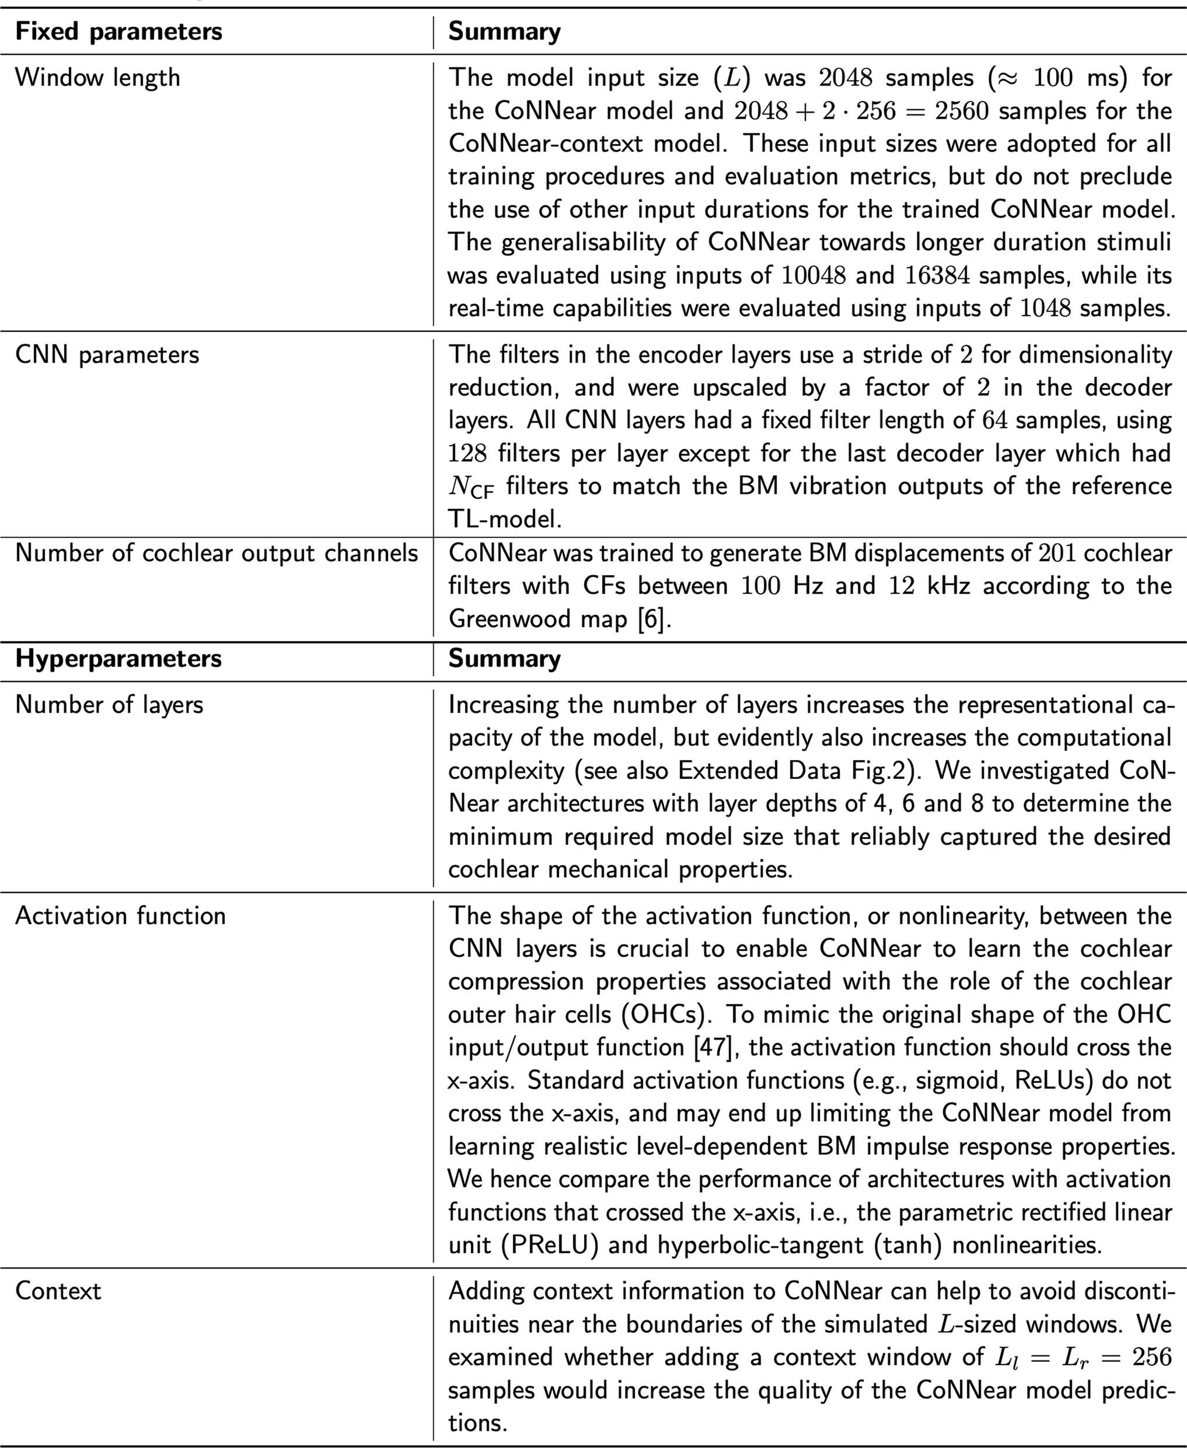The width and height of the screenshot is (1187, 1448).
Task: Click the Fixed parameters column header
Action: [118, 32]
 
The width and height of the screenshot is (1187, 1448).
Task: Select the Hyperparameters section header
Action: [118, 659]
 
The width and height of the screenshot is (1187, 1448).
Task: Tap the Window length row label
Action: [98, 77]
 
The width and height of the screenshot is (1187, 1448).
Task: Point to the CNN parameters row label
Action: [107, 355]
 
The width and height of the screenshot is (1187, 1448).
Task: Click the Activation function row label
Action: [120, 915]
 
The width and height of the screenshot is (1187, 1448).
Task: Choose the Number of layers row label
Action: [109, 705]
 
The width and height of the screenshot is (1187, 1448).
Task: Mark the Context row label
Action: [58, 1290]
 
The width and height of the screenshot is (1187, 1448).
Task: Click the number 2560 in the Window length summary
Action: [962, 111]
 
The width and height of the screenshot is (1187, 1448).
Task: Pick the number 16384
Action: [937, 275]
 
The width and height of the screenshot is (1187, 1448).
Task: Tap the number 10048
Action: [814, 275]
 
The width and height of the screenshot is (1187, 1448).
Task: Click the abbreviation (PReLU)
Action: [551, 1245]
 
